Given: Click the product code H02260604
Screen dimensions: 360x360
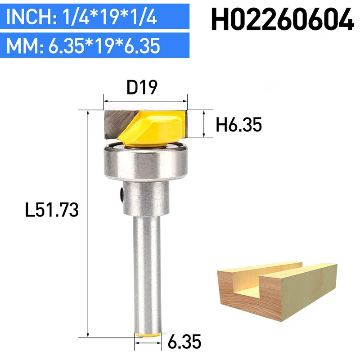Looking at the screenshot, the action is point(282,19).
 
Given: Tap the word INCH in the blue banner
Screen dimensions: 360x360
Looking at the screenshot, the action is point(29,17).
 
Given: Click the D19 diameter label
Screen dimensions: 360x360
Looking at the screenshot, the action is point(142,87).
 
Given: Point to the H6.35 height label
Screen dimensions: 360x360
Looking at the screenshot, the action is point(238,125).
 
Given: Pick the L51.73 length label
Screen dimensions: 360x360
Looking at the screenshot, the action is point(52,210).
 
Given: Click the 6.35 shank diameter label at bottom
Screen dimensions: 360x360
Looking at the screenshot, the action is point(184,342).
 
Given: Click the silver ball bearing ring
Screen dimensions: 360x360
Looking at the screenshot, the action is point(146,161).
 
